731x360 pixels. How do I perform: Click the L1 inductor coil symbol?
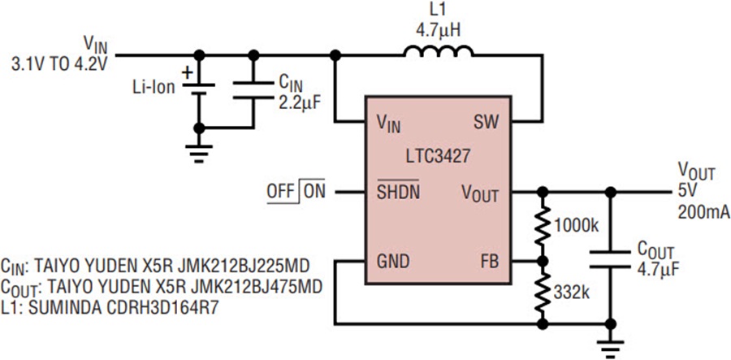439,51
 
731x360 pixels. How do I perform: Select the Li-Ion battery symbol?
199,89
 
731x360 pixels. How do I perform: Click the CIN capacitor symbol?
253,89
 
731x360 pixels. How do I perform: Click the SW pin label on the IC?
486,122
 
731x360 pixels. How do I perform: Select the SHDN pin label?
398,191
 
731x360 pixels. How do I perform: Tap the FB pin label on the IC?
489,262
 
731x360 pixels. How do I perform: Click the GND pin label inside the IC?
393,262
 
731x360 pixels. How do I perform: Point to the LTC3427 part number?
437,156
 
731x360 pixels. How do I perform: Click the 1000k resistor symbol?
543,226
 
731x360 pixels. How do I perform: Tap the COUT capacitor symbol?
609,259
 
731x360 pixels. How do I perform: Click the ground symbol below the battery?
199,154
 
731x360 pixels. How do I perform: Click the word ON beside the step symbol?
315,191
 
